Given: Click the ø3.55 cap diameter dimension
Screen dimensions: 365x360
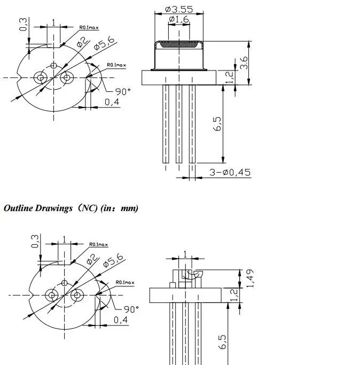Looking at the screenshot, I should click(x=178, y=9).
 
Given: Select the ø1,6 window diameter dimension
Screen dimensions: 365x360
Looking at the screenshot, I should click(x=178, y=20).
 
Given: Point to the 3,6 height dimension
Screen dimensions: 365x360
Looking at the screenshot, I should click(x=244, y=63).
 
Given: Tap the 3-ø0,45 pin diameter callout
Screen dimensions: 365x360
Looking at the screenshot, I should click(x=230, y=173).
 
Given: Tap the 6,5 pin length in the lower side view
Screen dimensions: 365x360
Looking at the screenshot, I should click(x=224, y=343).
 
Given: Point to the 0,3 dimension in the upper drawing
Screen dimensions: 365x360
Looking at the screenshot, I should click(x=23, y=25).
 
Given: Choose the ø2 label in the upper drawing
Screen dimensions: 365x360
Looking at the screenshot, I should click(x=83, y=41).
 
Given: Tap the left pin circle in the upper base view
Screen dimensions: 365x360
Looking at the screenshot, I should click(x=40, y=77).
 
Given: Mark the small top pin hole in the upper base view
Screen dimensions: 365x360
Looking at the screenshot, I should click(x=53, y=65).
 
